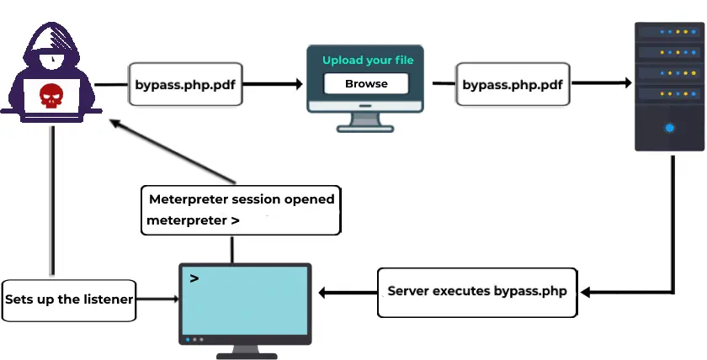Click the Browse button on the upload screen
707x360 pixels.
(x=366, y=84)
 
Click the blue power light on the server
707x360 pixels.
(x=670, y=128)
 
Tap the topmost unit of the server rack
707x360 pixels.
(x=670, y=33)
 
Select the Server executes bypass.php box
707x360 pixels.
(x=477, y=292)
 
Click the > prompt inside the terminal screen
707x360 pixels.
(x=194, y=278)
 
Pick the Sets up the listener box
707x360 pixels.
(x=68, y=299)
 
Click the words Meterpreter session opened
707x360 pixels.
(x=242, y=199)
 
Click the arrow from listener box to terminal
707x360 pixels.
(x=158, y=299)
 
